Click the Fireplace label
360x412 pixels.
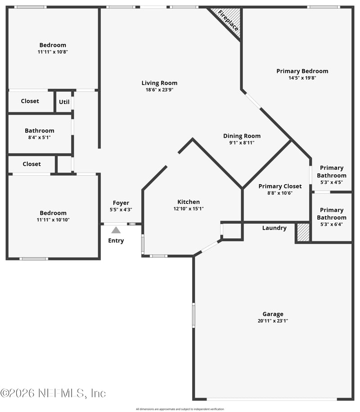[x=228, y=21]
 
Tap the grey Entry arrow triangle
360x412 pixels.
[x=116, y=230]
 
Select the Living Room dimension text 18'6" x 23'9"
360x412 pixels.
[x=159, y=90]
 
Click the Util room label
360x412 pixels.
[x=64, y=102]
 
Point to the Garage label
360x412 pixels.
[x=273, y=314]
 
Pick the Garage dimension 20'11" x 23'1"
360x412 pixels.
[x=273, y=321]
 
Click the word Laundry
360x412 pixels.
[x=274, y=228]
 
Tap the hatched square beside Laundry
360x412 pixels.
[x=303, y=232]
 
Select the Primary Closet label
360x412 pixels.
[x=280, y=186]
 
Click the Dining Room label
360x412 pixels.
[x=242, y=136]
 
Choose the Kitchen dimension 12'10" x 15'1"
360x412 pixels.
[x=189, y=209]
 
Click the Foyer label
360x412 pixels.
[x=121, y=203]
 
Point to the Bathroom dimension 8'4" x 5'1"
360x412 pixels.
[x=40, y=137]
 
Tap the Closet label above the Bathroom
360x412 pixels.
[x=30, y=101]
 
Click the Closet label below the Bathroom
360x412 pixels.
[x=31, y=164]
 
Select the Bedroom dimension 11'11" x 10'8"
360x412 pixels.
[x=53, y=52]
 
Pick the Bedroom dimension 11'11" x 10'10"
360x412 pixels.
[x=53, y=220]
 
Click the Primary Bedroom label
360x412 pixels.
[x=302, y=71]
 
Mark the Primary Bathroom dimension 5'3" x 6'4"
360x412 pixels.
[x=332, y=224]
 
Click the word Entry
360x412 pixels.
[x=116, y=241]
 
